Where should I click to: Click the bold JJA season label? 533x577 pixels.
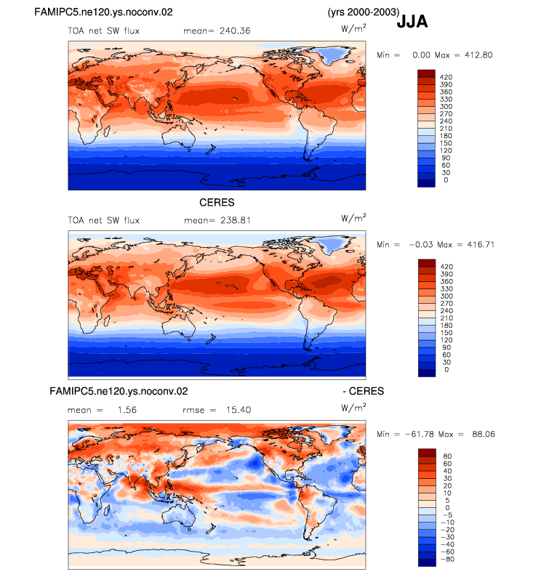tap(412, 21)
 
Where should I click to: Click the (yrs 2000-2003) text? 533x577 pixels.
tap(364, 12)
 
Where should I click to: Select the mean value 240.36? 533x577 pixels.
tap(235, 31)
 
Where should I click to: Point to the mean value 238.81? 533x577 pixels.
tap(235, 220)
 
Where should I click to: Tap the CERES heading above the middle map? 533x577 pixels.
tap(217, 203)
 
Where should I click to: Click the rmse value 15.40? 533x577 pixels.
tap(239, 410)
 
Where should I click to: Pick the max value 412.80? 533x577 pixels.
tap(478, 55)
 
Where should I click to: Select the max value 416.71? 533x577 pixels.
tap(481, 245)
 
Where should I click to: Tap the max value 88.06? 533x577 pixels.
tap(484, 435)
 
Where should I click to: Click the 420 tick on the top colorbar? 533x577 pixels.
tap(446, 77)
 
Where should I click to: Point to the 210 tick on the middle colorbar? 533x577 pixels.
tap(446, 318)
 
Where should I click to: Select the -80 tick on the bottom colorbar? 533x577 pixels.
tap(447, 560)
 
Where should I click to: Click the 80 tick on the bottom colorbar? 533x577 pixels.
tap(447, 456)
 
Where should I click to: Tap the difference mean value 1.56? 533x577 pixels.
tap(127, 410)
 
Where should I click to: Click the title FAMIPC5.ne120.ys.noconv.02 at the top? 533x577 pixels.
tap(103, 12)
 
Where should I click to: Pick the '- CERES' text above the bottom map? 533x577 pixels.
tap(364, 391)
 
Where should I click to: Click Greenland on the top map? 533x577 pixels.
tap(332, 55)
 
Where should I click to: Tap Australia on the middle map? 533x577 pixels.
tap(180, 326)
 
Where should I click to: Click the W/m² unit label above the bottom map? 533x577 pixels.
tap(353, 408)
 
